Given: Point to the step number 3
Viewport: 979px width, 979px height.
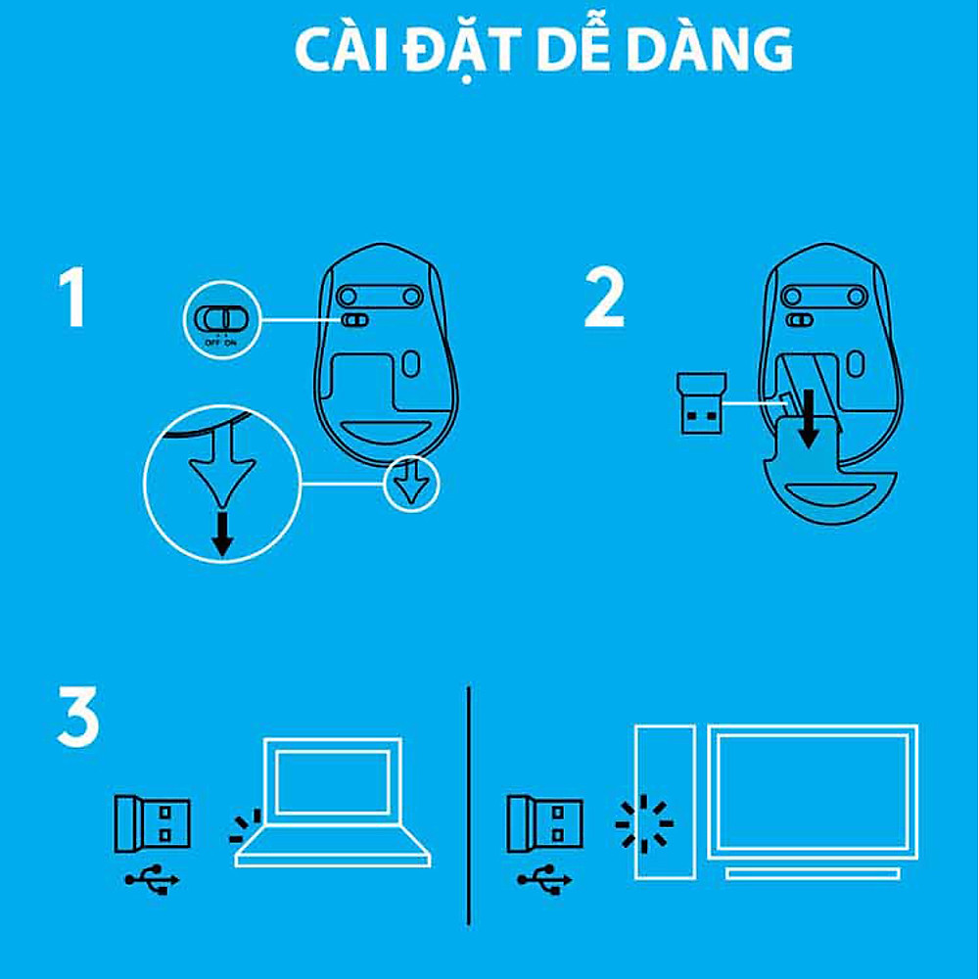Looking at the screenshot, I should point(78,717).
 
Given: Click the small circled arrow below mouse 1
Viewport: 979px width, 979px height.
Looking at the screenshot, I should point(411,483).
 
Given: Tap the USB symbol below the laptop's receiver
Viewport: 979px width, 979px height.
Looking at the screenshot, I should point(152,881).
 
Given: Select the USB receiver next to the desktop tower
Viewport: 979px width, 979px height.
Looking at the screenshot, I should point(544,821).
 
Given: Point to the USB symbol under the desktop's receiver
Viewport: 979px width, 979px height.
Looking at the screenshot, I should point(544,881).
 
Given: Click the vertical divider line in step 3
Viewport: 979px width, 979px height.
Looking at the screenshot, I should point(469,803).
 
